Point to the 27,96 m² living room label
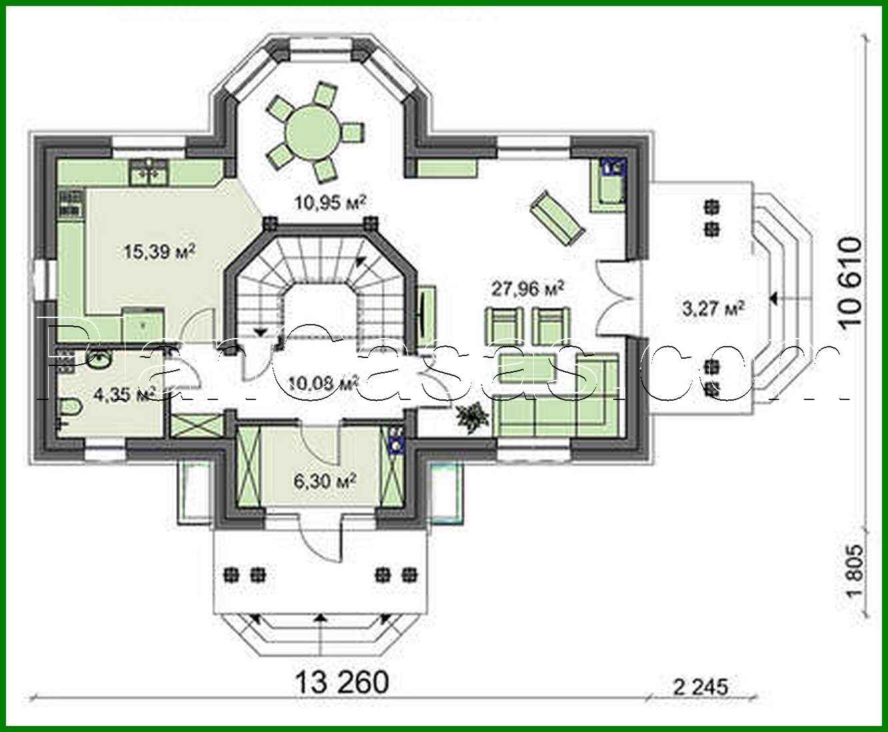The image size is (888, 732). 528,289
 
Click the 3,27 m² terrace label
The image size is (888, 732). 713,308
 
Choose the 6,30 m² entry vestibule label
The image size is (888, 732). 324,479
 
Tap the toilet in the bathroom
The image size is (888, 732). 70,406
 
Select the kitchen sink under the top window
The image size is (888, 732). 149,172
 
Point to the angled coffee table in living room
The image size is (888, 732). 557,217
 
